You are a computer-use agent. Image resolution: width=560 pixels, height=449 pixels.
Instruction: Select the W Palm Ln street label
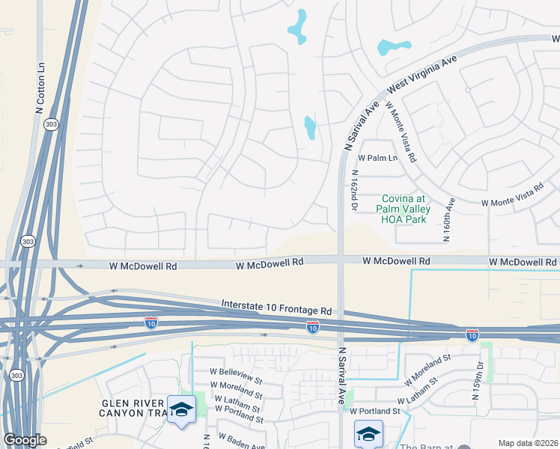click(377, 158)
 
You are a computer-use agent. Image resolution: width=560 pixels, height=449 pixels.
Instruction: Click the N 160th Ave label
click(450, 220)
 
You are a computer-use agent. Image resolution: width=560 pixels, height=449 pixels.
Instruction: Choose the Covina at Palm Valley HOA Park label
click(401, 209)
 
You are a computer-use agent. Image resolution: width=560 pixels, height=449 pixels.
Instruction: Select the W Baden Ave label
click(241, 441)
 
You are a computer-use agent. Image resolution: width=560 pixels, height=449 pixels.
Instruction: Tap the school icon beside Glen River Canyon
click(180, 409)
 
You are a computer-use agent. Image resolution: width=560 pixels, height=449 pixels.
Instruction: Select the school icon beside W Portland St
click(368, 434)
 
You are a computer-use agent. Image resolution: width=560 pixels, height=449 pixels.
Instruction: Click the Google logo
click(25, 440)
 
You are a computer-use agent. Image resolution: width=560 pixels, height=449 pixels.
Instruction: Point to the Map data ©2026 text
click(528, 443)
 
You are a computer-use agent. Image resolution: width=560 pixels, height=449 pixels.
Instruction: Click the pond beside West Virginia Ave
click(394, 47)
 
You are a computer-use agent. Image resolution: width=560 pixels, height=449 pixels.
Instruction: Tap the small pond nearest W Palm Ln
click(309, 128)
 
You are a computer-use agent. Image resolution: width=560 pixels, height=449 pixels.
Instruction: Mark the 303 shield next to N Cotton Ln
click(50, 124)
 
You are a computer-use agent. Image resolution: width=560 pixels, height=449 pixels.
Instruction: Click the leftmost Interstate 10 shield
click(150, 322)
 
